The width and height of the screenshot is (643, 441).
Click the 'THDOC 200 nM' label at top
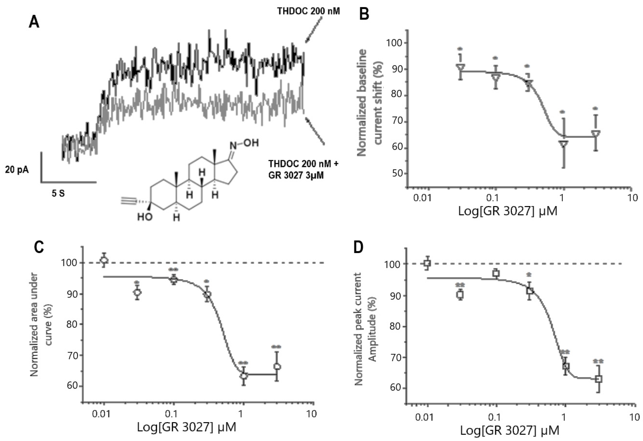pos(308,11)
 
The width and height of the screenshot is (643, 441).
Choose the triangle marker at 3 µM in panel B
pos(596,133)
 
